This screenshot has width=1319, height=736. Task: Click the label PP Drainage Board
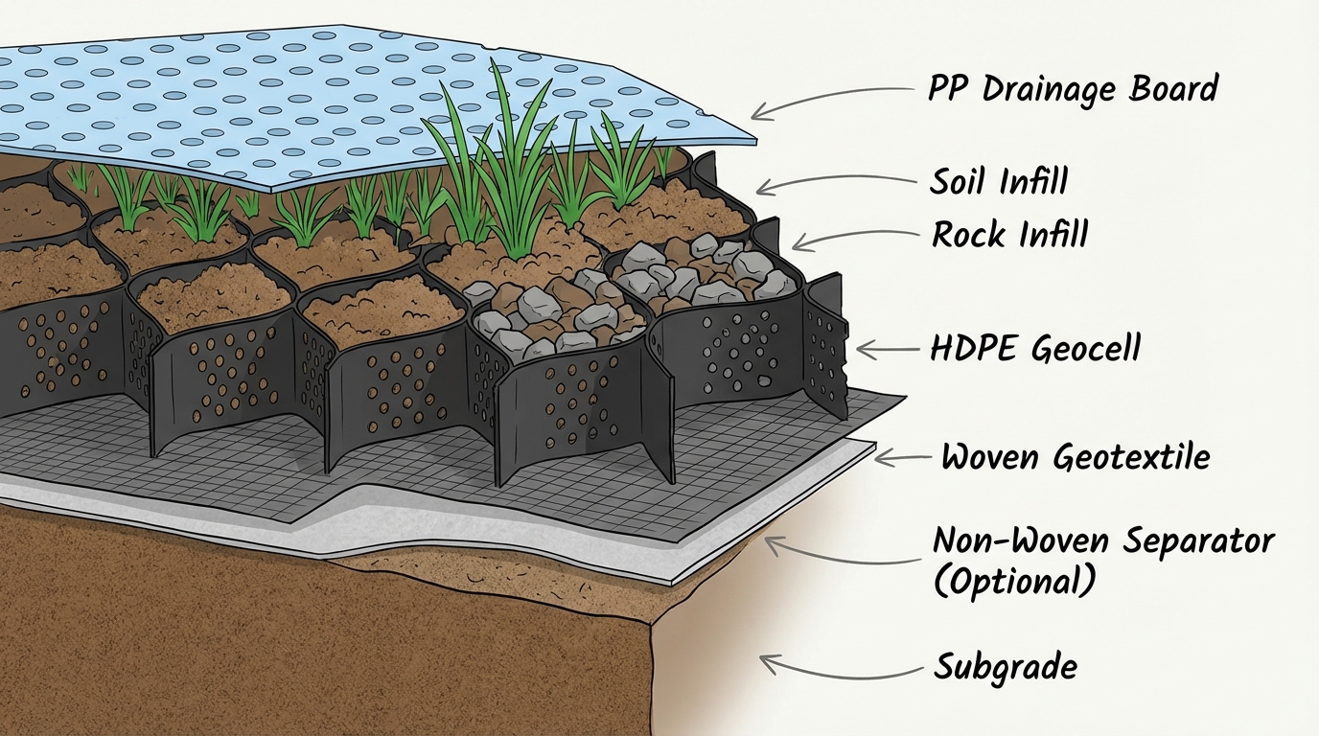[x=1072, y=89]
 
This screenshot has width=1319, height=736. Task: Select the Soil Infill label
[x=998, y=181]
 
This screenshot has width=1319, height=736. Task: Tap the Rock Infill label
[x=1009, y=234]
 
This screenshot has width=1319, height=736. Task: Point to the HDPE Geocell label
[x=1035, y=348]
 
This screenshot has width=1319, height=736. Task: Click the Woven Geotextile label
[x=1075, y=457]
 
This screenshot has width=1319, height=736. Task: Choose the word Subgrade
[x=1005, y=666]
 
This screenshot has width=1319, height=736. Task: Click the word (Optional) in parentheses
[x=1012, y=581]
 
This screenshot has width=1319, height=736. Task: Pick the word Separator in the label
[x=1198, y=540]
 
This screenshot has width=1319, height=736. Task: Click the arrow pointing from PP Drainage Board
[x=829, y=100]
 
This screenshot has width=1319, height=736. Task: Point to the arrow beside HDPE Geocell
[x=887, y=351]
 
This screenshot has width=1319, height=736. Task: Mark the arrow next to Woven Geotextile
[x=904, y=459]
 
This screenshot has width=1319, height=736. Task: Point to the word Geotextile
[x=1131, y=457]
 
